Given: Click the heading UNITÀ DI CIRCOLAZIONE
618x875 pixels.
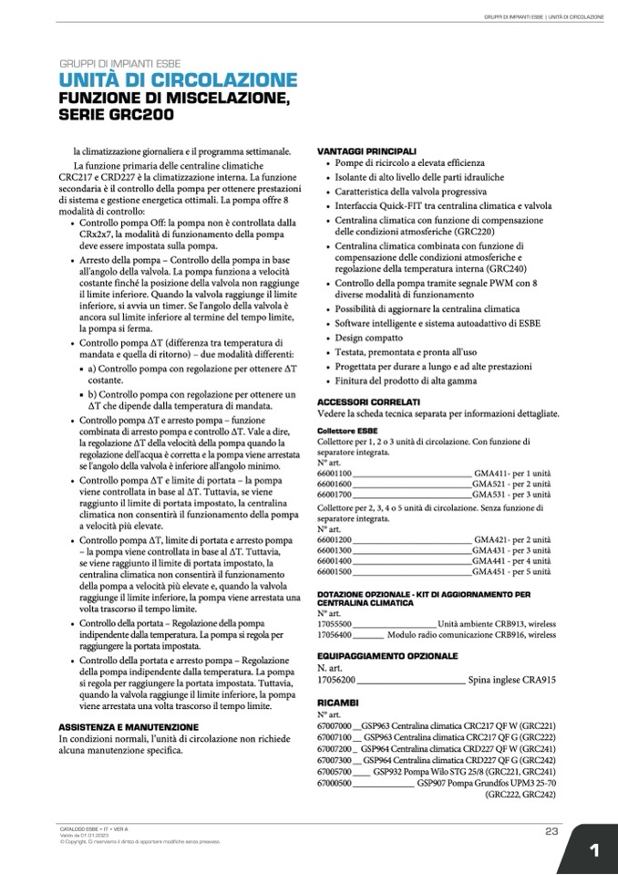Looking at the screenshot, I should pos(179,80).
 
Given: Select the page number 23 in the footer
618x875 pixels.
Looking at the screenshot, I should pos(551,830).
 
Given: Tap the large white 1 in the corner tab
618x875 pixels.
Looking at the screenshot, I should pos(593,850).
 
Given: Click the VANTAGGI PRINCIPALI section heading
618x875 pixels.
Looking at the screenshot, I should pos(366,151).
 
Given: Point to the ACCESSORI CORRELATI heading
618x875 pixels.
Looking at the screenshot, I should pos(368,401).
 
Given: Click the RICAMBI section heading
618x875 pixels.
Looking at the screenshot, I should pos(337,702).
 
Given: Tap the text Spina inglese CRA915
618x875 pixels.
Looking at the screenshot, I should pos(511,680).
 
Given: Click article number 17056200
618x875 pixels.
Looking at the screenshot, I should pos(335,680).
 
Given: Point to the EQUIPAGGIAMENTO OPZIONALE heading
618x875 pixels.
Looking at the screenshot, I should pos(387,655).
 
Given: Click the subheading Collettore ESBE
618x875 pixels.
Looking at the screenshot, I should pos(347,430).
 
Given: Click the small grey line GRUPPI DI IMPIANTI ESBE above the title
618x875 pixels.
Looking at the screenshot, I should pos(119,64).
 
